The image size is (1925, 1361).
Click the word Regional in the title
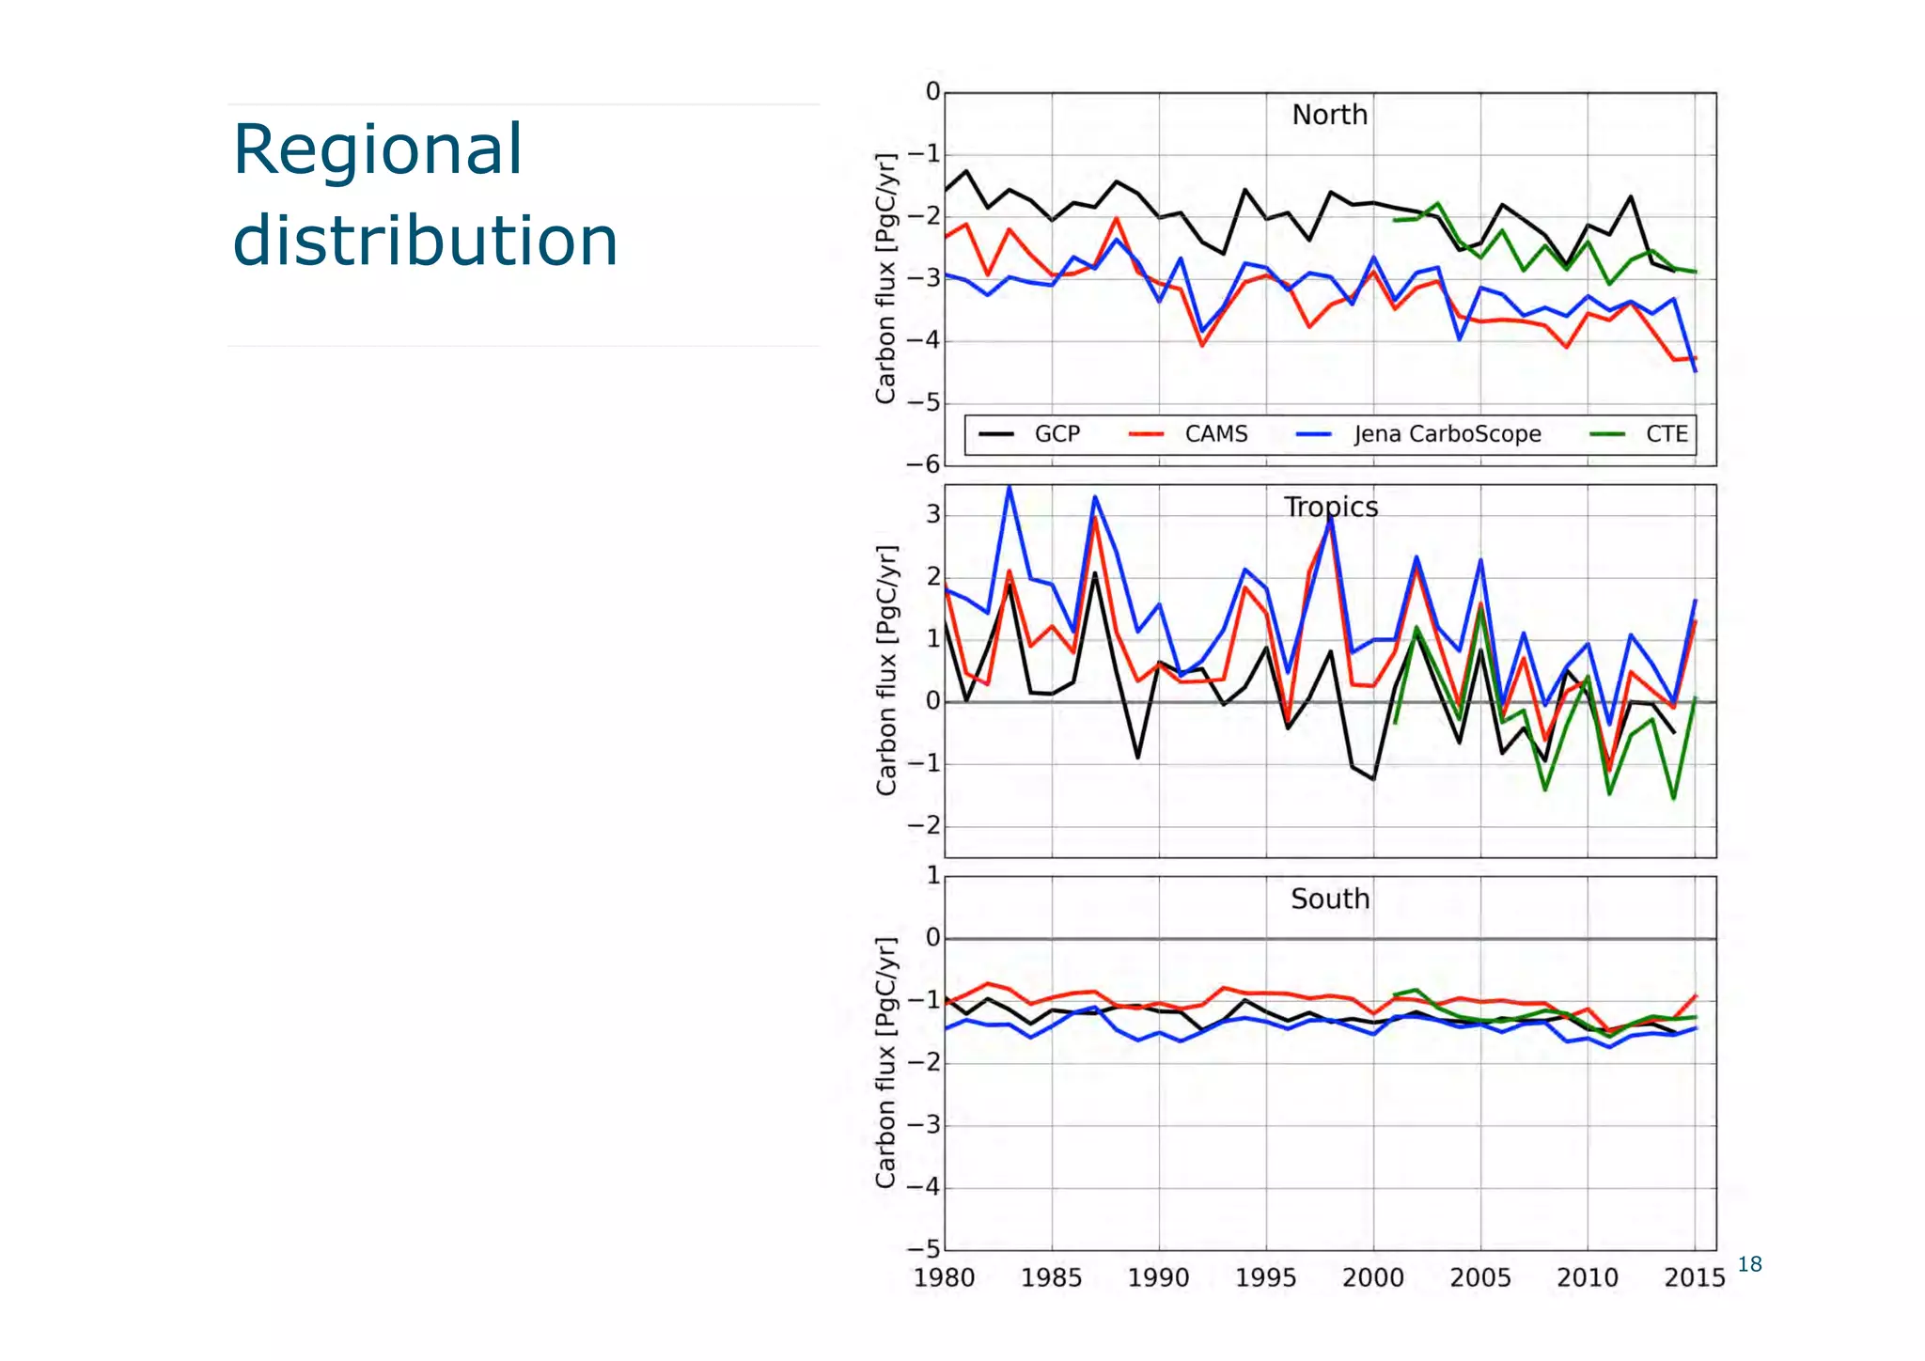[377, 150]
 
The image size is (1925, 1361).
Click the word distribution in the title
[425, 241]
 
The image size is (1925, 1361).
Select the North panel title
[1329, 115]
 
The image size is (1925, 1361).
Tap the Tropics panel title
[1331, 507]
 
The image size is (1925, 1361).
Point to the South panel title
[1330, 899]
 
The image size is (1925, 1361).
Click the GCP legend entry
[1056, 434]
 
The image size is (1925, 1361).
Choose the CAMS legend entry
[1215, 434]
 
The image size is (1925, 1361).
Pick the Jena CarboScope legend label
[1447, 434]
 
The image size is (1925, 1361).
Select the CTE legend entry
[1666, 434]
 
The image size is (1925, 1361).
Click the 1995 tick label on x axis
[1265, 1278]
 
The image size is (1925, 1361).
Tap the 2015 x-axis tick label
[1694, 1278]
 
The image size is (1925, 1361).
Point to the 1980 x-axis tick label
[944, 1278]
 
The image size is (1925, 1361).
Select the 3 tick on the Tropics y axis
[932, 515]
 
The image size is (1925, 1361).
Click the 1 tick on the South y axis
[932, 876]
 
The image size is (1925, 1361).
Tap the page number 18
[1749, 1264]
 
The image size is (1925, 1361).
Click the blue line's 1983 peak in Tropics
[1009, 488]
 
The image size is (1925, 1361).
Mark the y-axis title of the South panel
[885, 1062]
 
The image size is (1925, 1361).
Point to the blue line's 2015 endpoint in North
[1695, 371]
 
